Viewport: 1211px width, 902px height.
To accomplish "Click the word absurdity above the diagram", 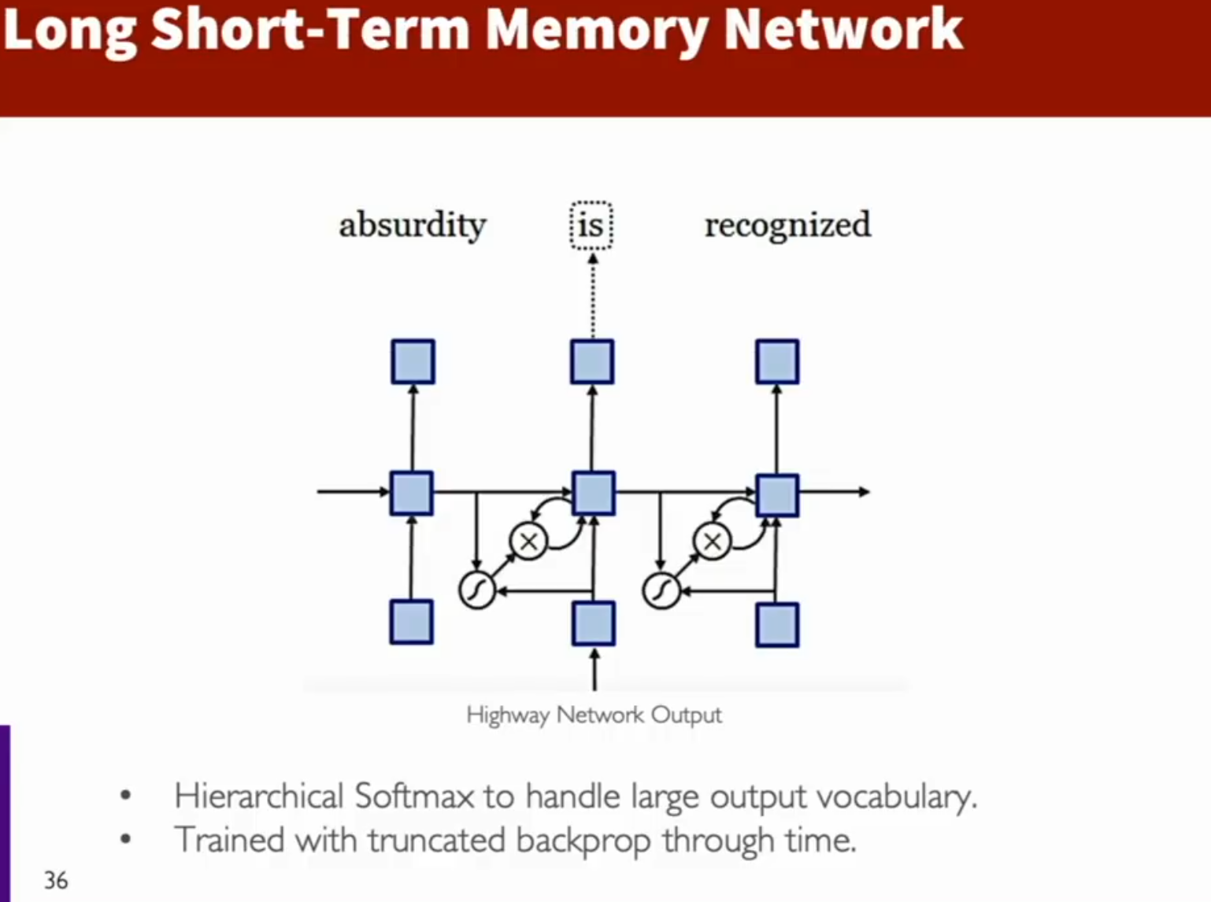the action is pyautogui.click(x=413, y=225).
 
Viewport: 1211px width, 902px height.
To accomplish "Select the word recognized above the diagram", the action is pyautogui.click(x=788, y=225).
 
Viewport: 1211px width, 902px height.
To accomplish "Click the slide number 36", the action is pyautogui.click(x=56, y=881).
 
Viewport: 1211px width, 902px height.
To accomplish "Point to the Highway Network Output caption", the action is pyautogui.click(x=594, y=715).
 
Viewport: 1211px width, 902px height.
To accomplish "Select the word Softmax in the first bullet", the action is pyautogui.click(x=414, y=797).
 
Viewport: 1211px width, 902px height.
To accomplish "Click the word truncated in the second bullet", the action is pyautogui.click(x=436, y=841).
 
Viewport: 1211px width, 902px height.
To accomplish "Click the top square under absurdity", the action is pyautogui.click(x=413, y=361).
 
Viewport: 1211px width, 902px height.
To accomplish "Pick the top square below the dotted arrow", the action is pyautogui.click(x=592, y=361).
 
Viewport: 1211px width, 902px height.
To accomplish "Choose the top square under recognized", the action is pyautogui.click(x=777, y=361).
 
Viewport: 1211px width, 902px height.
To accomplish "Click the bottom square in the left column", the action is pyautogui.click(x=412, y=622).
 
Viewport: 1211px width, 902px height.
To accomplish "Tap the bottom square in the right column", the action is pyautogui.click(x=777, y=625).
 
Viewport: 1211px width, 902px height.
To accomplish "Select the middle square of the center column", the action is pyautogui.click(x=594, y=493).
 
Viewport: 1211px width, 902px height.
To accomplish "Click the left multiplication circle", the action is pyautogui.click(x=528, y=541).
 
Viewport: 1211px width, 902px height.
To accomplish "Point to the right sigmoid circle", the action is pyautogui.click(x=661, y=590).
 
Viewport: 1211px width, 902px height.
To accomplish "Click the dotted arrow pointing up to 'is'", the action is pyautogui.click(x=593, y=295).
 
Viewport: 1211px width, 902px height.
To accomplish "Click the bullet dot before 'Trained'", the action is pyautogui.click(x=125, y=839).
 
